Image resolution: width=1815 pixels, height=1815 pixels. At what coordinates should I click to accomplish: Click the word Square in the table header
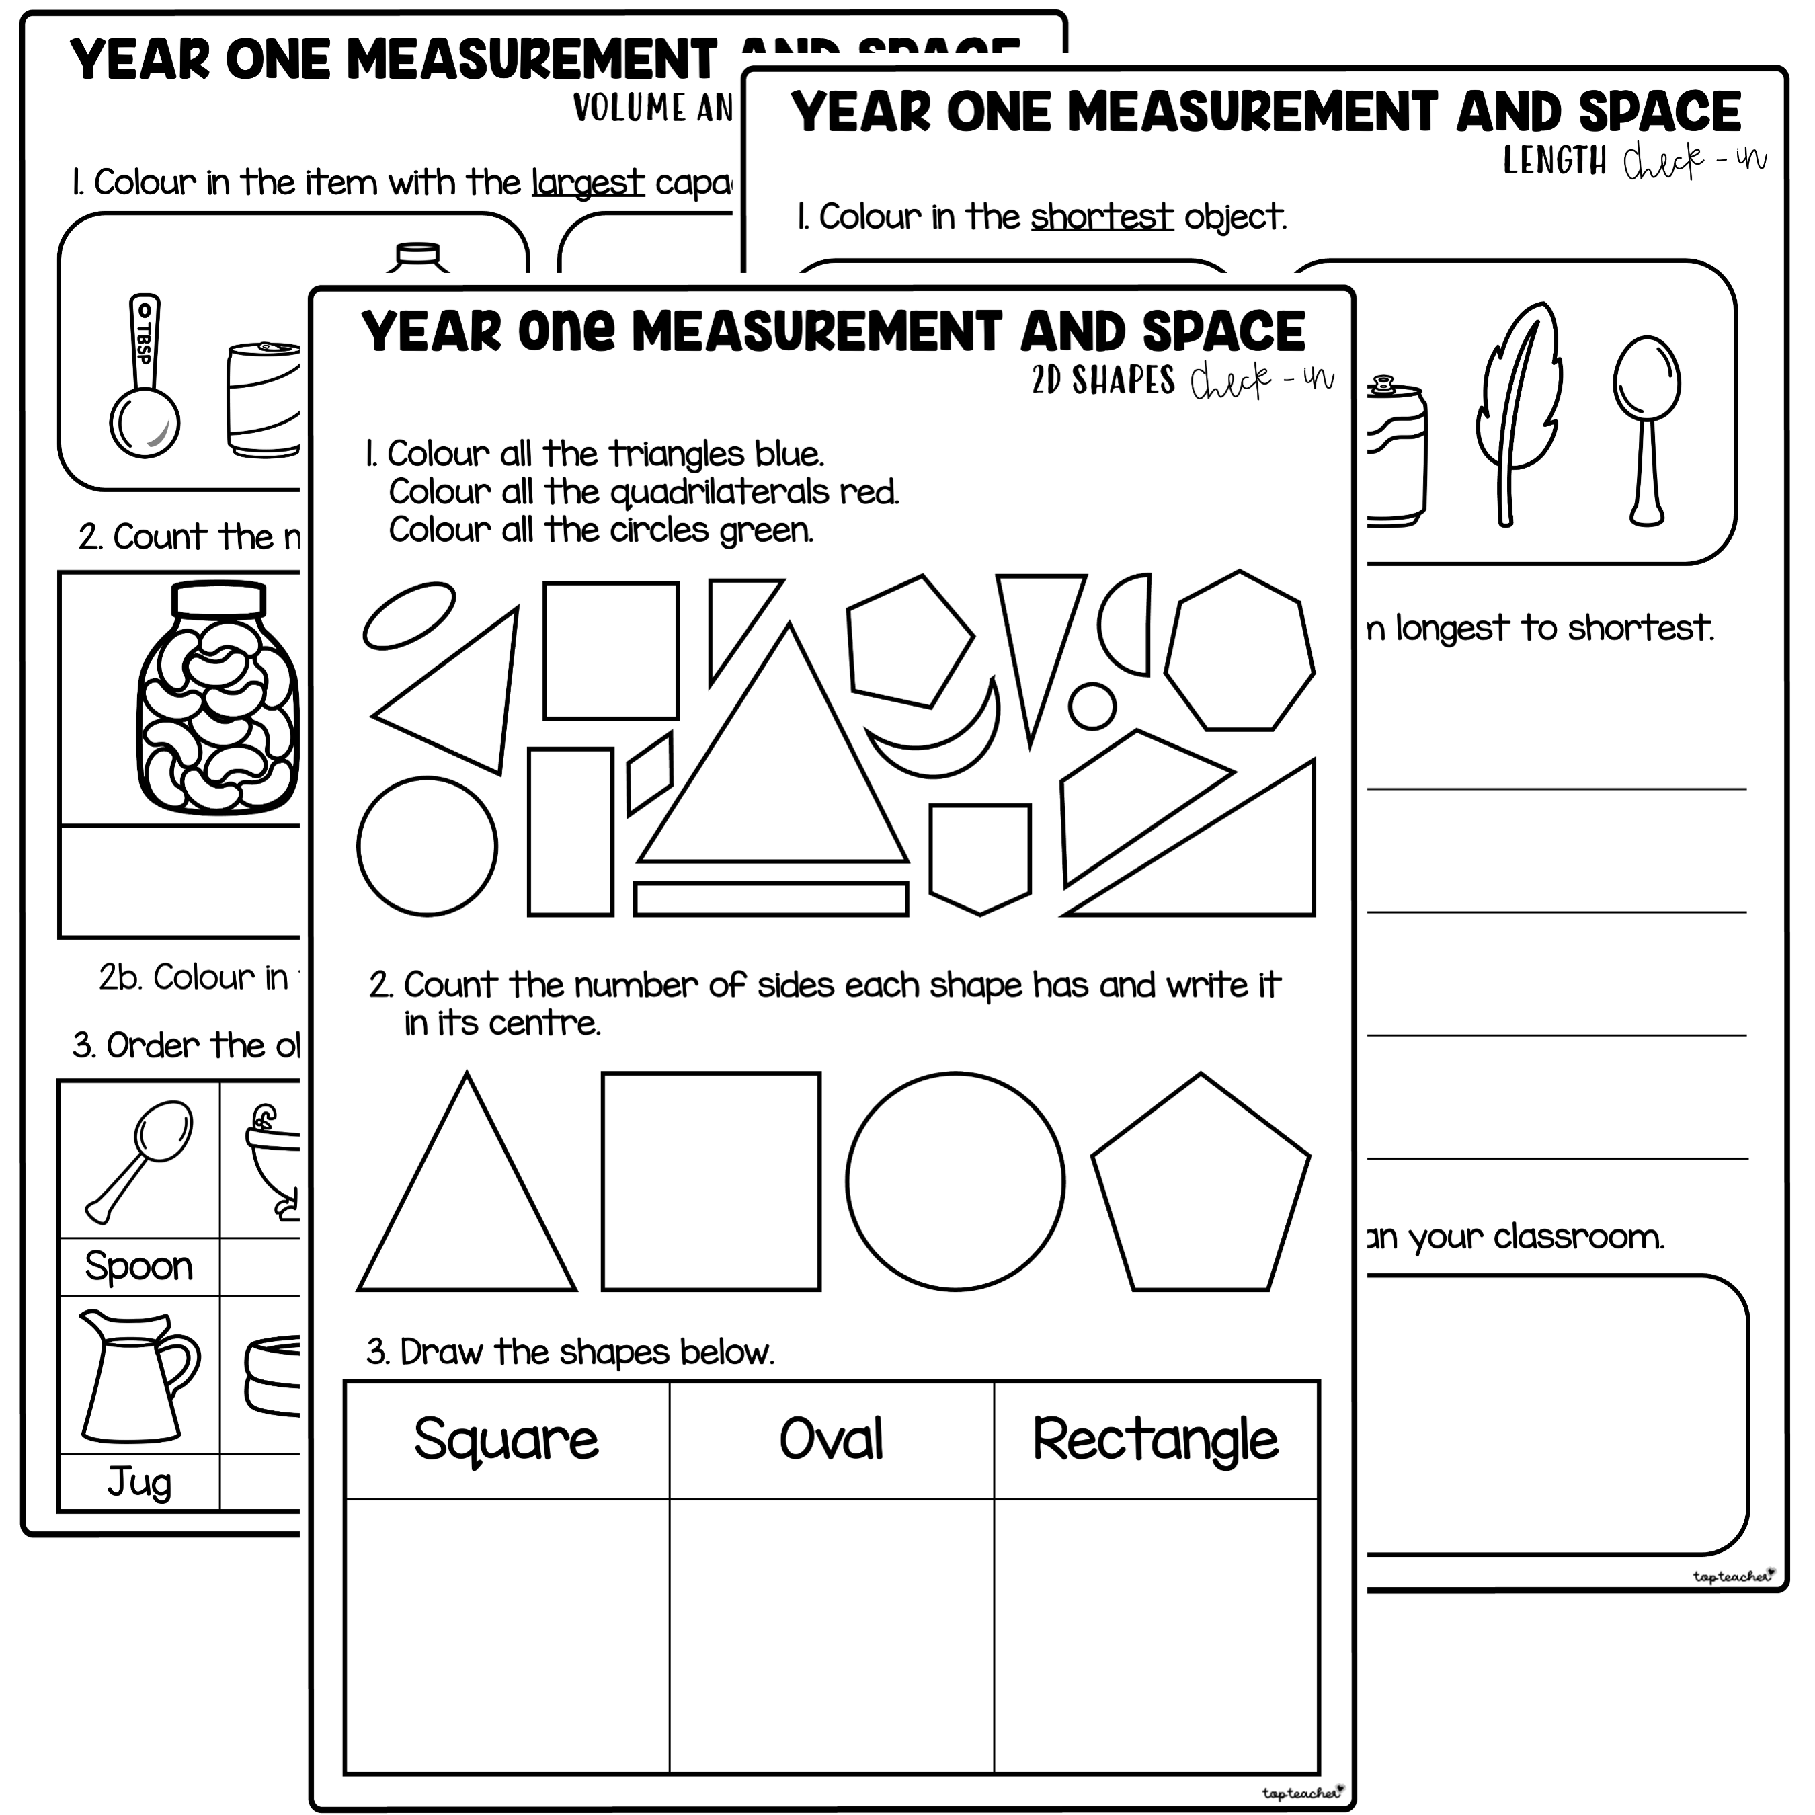point(506,1440)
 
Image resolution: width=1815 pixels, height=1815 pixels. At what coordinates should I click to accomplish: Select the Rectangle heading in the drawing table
point(1155,1440)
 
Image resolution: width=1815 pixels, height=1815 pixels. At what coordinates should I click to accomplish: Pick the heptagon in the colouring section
point(1239,651)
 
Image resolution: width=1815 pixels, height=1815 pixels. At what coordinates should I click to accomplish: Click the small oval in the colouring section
point(409,615)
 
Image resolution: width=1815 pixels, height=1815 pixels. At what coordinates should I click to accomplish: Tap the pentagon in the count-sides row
point(1200,1188)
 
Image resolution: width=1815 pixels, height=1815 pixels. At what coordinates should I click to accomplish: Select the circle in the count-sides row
point(955,1181)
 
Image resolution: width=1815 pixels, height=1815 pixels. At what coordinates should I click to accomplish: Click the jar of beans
point(218,700)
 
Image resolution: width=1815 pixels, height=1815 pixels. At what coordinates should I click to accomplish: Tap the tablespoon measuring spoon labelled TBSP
point(145,376)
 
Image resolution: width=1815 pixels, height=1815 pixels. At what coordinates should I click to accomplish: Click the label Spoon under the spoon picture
point(139,1266)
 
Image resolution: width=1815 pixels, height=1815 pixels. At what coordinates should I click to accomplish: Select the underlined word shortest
point(1101,217)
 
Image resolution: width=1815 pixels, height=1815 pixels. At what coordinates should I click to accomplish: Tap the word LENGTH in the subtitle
point(1555,161)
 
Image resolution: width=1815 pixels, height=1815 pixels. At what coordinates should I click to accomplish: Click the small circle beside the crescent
point(1092,706)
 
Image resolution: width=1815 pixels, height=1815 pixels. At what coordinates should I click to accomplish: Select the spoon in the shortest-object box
point(1647,428)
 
